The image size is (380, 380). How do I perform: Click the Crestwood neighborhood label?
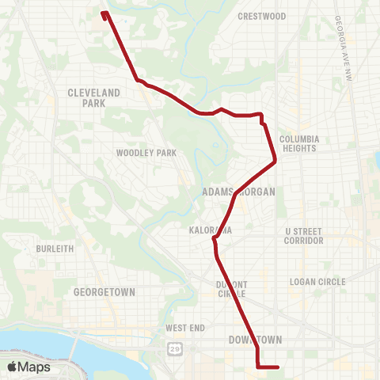pos(262,16)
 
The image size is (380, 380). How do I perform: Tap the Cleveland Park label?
pos(93,97)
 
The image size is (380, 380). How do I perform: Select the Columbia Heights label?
pos(298,142)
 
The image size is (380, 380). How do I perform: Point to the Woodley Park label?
pos(139,153)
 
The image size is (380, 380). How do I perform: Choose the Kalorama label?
pos(210,230)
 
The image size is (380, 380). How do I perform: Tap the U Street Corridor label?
pos(304,235)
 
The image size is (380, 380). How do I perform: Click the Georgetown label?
pos(104,291)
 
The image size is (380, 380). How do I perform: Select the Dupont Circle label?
pos(232,289)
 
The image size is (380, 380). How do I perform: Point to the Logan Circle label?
pos(314,281)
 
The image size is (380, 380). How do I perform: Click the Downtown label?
pos(255,340)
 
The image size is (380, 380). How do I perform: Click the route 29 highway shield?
pos(173,348)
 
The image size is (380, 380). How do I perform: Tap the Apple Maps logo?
pos(28,367)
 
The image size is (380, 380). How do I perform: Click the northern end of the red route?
pos(104,12)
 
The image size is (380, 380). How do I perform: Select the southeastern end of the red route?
pos(279,367)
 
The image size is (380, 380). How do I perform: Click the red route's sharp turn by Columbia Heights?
pos(275,162)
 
